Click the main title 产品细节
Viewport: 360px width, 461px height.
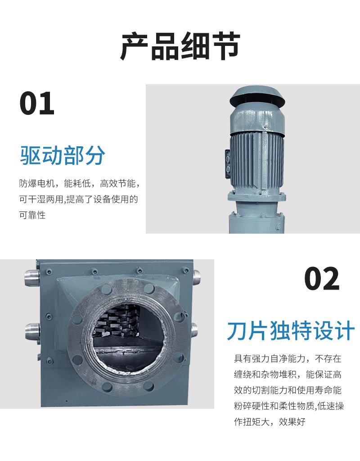point(180,46)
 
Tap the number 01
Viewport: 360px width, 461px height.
point(37,103)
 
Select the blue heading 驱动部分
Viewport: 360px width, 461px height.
point(63,155)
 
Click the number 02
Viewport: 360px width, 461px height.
point(322,278)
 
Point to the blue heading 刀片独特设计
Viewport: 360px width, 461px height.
point(291,331)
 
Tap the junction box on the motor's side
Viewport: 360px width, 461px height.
point(227,163)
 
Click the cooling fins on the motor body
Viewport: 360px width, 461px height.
point(257,161)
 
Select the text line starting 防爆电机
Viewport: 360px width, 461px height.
point(79,184)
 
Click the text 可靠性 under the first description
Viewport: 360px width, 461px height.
point(32,215)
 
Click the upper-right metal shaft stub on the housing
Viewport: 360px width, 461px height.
point(196,276)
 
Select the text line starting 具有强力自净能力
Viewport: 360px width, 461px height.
point(288,358)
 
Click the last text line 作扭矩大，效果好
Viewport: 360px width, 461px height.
point(270,421)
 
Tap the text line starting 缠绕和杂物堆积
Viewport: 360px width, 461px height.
point(288,374)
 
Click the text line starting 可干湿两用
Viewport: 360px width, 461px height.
point(78,199)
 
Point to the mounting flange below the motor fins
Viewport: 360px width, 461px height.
point(256,196)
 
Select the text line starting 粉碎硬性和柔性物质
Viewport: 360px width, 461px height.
point(289,406)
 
